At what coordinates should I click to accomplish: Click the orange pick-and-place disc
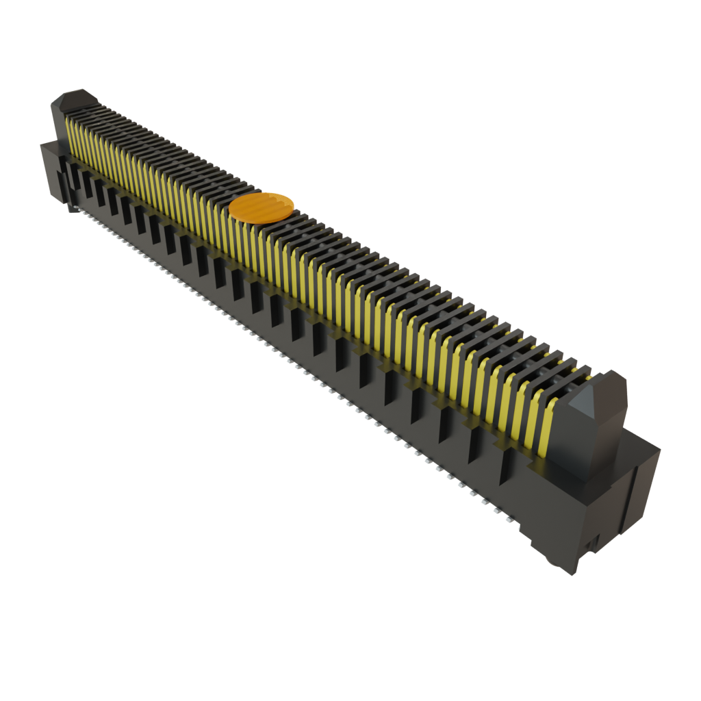click(262, 207)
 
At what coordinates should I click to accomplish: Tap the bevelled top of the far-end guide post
click(76, 99)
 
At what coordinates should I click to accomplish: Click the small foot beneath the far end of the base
click(71, 207)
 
